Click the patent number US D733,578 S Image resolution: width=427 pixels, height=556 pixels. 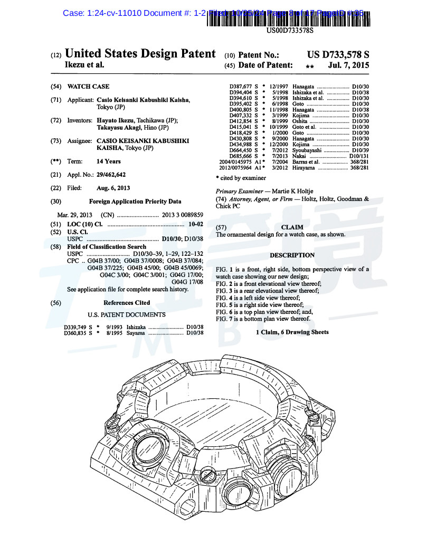click(338, 54)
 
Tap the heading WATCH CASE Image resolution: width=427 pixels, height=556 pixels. click(89, 87)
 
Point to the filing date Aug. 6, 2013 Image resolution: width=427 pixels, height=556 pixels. click(113, 188)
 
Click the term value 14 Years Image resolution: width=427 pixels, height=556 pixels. click(108, 161)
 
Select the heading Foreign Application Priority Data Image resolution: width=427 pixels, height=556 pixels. click(135, 201)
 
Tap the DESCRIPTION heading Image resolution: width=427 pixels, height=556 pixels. click(292, 255)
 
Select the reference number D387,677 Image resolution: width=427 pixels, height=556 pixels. click(241, 87)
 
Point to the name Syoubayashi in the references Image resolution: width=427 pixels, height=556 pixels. click(307, 150)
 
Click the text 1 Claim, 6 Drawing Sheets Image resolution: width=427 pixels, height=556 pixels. click(292, 332)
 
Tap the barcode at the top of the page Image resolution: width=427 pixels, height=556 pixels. click(289, 18)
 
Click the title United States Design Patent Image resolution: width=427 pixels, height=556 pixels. click(140, 54)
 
